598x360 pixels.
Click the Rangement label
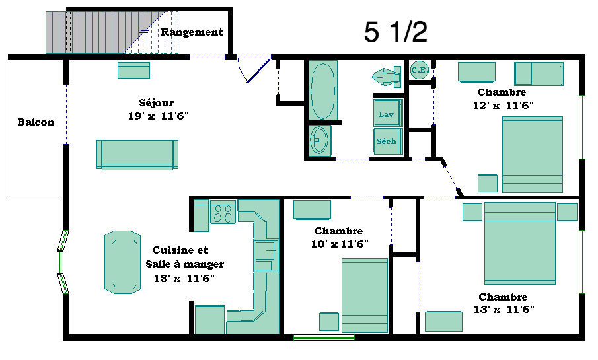(192, 32)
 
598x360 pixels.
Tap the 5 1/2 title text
(396, 32)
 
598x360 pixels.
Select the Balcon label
(36, 122)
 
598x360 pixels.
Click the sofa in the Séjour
(137, 155)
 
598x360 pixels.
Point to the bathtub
(322, 90)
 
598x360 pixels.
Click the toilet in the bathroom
(387, 77)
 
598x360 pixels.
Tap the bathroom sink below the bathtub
(319, 140)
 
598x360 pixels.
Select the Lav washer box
(388, 113)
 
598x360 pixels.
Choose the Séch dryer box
(388, 141)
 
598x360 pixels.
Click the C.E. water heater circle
(420, 70)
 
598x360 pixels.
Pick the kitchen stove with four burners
(223, 213)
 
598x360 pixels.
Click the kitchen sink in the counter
(266, 256)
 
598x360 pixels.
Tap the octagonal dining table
(122, 262)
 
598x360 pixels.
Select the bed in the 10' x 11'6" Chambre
(365, 295)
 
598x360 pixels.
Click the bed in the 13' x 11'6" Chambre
(520, 243)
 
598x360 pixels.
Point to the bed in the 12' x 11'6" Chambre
(533, 155)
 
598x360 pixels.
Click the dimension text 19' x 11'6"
(159, 116)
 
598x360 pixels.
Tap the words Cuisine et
(180, 250)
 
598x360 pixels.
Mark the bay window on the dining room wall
(63, 262)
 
